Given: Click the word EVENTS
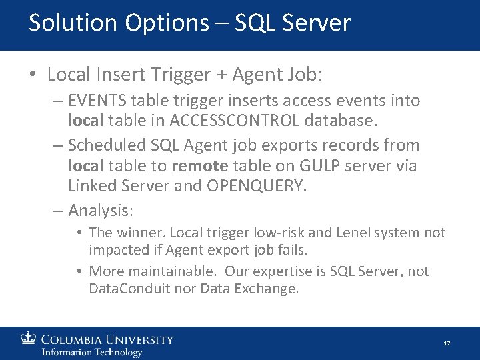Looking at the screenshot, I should pos(98,101).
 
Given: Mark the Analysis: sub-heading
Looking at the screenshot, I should pos(101,211).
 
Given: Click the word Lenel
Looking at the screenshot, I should pos(351,233).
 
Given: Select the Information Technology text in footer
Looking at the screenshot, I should pos(91,352).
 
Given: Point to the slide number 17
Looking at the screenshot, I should pos(447,343).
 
